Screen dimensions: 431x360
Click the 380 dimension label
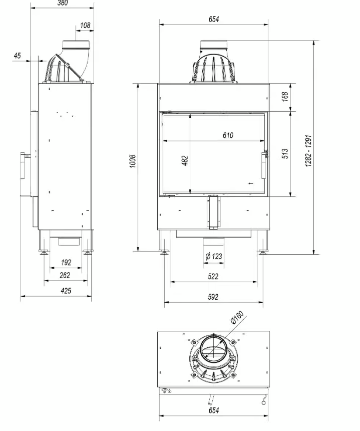(62, 3)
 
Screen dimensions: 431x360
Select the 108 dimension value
(85, 25)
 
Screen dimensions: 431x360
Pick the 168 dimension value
(285, 97)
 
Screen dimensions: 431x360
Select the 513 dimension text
(285, 154)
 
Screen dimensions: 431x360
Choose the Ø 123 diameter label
(214, 257)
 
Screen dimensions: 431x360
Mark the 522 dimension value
(213, 277)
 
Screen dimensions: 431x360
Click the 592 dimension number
(213, 297)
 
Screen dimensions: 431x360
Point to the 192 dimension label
(66, 262)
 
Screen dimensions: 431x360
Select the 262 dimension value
(66, 275)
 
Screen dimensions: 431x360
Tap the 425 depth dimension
(66, 291)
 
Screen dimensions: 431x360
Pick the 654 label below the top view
(213, 410)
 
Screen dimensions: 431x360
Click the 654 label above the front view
(213, 20)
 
